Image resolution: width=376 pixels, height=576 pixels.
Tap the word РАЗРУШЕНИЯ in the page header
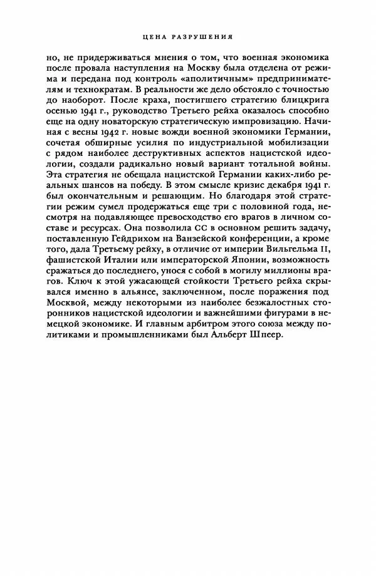point(201,36)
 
